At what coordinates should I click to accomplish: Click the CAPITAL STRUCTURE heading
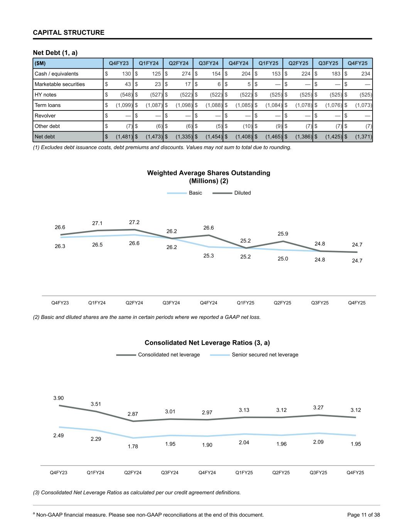coord(69,32)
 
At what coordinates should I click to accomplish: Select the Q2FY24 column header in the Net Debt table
coord(179,63)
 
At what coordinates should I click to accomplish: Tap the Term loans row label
coord(47,105)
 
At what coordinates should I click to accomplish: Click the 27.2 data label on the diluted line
coord(134,222)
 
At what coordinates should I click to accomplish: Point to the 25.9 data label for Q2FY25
coord(283,234)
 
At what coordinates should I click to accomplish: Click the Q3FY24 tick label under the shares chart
coord(171,303)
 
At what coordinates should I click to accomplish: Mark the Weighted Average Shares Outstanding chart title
coord(208,177)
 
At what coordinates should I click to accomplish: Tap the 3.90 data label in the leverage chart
coord(59,398)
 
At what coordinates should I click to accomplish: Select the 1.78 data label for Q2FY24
coord(133,446)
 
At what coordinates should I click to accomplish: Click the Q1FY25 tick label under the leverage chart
coord(244,473)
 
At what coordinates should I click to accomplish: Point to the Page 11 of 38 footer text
coord(363,515)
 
